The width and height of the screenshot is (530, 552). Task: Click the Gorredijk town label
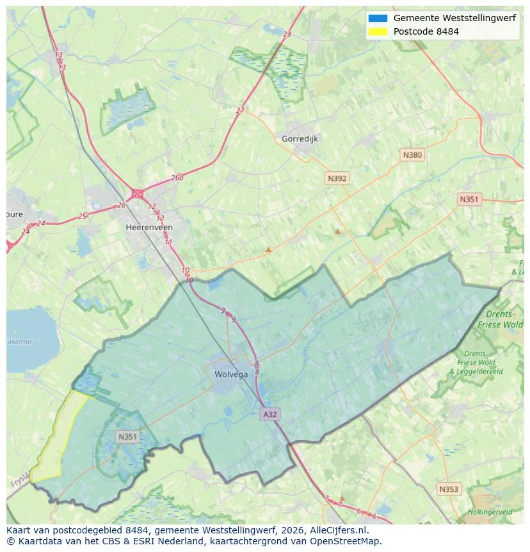[x=300, y=138]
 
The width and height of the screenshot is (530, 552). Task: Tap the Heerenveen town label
[x=149, y=227]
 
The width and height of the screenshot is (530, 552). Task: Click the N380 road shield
[x=412, y=155]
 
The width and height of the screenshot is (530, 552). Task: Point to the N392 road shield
[x=337, y=179]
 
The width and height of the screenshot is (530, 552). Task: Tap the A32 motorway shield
[x=270, y=415]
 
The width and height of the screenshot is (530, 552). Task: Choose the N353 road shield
[x=448, y=489]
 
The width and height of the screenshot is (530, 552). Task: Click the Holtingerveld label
[x=490, y=512]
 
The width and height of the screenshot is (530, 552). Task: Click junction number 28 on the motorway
[x=287, y=34]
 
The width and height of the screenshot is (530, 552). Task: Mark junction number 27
[x=240, y=110]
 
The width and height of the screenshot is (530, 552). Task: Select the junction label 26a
[x=177, y=178]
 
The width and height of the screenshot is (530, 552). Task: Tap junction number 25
[x=82, y=216]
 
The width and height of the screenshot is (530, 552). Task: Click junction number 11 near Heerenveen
[x=168, y=242]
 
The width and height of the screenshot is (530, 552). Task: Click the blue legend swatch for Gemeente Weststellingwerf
[x=378, y=18]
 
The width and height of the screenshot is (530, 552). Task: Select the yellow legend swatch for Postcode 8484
[x=378, y=31]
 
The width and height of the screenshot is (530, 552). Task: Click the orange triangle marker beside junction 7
[x=342, y=498]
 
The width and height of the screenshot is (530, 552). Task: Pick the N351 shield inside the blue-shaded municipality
[x=127, y=437]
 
